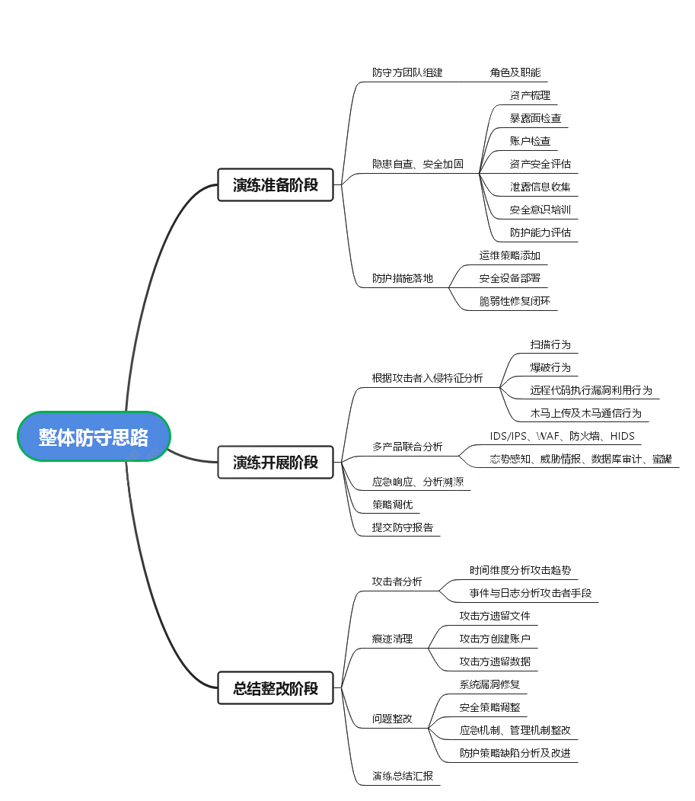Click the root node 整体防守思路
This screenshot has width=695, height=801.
(x=94, y=437)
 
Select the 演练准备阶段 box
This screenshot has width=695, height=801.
(x=276, y=184)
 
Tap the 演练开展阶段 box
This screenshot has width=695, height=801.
(x=276, y=462)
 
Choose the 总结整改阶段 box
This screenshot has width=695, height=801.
(x=276, y=688)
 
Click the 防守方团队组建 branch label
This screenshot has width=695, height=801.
(x=407, y=72)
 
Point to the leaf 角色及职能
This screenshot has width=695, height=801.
(x=515, y=72)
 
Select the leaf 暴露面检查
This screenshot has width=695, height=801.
(x=536, y=118)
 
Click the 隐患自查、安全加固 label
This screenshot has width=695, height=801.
(x=417, y=164)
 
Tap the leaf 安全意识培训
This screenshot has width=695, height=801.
(x=540, y=210)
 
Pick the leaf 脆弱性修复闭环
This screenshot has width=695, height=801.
(x=515, y=301)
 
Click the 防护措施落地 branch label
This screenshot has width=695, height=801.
(x=403, y=278)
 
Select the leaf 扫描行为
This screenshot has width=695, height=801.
(x=550, y=344)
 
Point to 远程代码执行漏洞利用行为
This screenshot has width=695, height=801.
(x=591, y=390)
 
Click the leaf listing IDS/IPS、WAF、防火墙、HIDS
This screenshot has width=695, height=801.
(x=563, y=436)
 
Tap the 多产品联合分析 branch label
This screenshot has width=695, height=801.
(x=407, y=447)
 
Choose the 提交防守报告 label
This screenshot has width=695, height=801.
(x=403, y=527)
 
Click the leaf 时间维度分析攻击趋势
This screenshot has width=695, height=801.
(x=520, y=570)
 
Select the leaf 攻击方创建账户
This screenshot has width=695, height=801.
(x=495, y=639)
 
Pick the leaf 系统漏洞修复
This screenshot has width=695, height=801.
(x=490, y=684)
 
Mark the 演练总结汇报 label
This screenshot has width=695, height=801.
(x=403, y=776)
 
